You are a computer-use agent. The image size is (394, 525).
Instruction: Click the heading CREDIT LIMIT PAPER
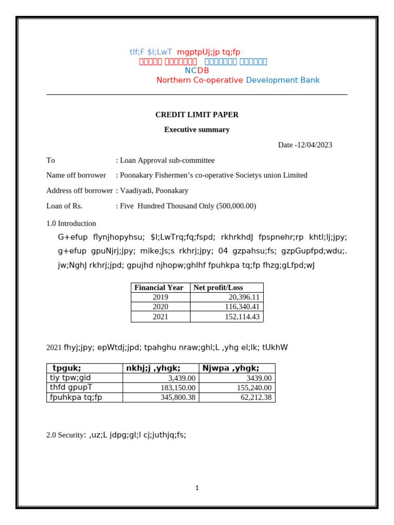(196, 115)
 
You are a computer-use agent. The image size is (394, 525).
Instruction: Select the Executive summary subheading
(196, 130)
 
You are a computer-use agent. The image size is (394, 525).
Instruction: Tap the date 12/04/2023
(314, 145)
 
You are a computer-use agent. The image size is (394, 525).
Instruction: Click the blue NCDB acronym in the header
(196, 71)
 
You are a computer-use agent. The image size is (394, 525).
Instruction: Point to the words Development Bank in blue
(283, 80)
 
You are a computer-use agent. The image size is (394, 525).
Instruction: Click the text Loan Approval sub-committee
(167, 160)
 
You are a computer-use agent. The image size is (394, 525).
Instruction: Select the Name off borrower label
(76, 175)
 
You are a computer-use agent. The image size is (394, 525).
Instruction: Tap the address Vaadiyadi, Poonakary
(154, 191)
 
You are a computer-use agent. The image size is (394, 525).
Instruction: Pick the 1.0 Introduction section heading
(71, 224)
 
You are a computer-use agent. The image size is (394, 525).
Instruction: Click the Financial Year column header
(160, 288)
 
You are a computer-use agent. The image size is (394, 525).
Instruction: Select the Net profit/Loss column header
(218, 288)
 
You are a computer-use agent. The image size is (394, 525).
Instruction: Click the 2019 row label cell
(160, 297)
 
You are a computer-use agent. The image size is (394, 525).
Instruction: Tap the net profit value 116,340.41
(242, 307)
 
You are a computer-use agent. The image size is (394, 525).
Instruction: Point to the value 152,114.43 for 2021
(242, 317)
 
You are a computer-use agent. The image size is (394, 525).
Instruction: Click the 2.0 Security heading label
(65, 435)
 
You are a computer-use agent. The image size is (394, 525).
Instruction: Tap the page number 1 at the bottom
(197, 488)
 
